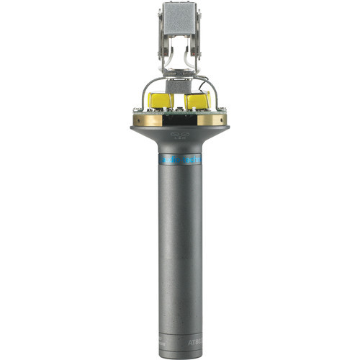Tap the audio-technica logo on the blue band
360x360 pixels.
tap(180, 159)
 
